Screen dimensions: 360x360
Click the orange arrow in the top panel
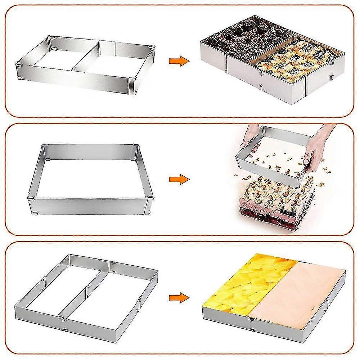click(179, 61)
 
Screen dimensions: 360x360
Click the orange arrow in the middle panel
click(179, 179)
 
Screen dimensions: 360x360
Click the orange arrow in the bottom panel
click(179, 297)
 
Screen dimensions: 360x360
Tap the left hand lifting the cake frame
click(248, 139)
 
